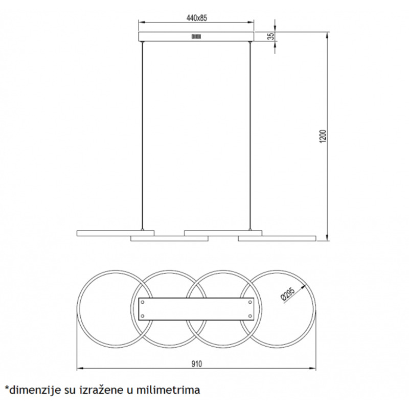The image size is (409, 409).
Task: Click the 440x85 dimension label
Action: pos(196,18)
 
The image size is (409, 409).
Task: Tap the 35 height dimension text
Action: pos(272,36)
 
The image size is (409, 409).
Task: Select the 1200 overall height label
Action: pos(323,136)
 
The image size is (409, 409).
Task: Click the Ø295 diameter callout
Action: pos(287,294)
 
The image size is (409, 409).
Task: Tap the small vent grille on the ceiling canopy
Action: pos(196,36)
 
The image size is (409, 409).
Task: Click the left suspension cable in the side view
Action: pos(143,135)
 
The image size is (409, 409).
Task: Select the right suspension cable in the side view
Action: pos(250,135)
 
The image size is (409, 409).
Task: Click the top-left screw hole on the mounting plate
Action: pos(143,302)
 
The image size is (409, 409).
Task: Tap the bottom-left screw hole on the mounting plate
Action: pos(143,316)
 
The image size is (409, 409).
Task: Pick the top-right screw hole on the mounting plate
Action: pos(250,302)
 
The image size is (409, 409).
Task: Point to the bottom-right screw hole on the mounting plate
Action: pos(250,316)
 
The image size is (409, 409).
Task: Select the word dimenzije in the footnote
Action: pos(33,391)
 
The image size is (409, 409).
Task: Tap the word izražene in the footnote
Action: pos(102,390)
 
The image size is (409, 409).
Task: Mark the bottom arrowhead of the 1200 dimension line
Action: pos(328,237)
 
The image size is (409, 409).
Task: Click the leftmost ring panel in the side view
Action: pos(116,233)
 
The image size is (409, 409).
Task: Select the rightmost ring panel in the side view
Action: pos(277,238)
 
